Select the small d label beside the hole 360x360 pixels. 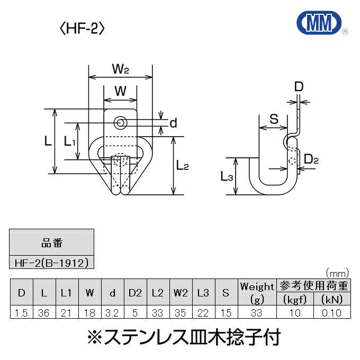coord(173,123)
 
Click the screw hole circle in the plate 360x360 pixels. coord(121,123)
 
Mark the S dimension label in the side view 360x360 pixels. coord(274,119)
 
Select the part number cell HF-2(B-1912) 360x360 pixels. coord(52,262)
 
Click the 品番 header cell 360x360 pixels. coord(52,244)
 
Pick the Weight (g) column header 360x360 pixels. coord(257,292)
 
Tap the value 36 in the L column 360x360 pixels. coord(43,313)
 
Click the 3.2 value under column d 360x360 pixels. coord(112,313)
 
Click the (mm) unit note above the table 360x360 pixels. coord(337,273)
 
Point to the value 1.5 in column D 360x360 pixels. coord(21,313)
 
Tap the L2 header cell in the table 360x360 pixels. coord(157,292)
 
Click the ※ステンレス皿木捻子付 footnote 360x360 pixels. coord(179,336)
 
